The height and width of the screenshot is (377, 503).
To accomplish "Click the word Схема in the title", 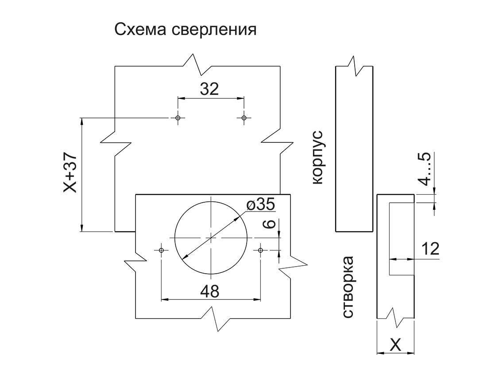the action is [x=140, y=30].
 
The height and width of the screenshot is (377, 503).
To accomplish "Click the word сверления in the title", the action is [x=214, y=30].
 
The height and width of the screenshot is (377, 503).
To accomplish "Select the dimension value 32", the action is [x=209, y=89].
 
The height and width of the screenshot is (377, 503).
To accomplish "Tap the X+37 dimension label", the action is [x=70, y=173].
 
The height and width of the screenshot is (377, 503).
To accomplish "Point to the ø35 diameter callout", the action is [x=261, y=204].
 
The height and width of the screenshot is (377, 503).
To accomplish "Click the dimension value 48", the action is [x=210, y=291].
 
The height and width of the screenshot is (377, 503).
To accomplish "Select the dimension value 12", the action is [x=430, y=249].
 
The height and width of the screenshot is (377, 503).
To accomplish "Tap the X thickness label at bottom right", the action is [x=395, y=346].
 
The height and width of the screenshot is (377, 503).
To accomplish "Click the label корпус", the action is [x=317, y=157].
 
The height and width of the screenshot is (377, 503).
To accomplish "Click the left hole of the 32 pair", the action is [x=178, y=118].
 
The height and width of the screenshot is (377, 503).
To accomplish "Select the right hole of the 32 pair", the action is [x=244, y=118].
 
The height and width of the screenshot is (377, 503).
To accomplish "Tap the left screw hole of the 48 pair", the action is [x=161, y=250].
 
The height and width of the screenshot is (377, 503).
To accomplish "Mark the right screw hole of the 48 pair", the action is [x=260, y=250].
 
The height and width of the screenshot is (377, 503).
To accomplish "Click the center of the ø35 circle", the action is [x=211, y=238].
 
